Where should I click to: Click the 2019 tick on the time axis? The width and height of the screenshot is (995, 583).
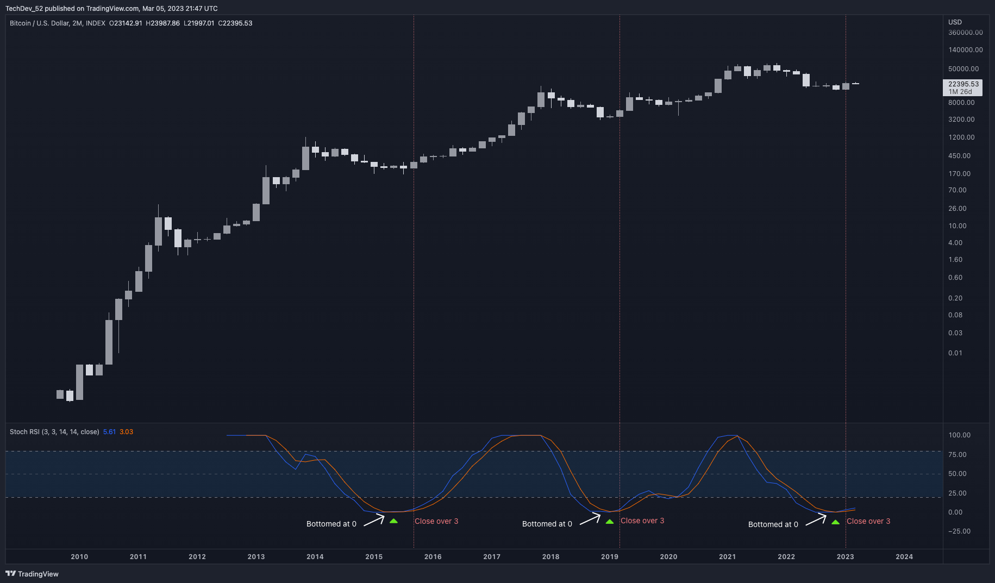609,556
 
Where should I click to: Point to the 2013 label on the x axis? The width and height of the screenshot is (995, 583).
256,556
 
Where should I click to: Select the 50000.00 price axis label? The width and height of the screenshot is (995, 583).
963,69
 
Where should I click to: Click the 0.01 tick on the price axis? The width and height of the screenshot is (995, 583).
955,353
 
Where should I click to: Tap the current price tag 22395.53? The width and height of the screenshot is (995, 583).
963,84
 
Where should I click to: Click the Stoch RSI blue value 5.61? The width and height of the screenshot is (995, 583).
109,432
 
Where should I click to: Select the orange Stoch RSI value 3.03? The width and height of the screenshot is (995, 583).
126,432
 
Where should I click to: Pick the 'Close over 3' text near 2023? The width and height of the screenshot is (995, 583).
868,521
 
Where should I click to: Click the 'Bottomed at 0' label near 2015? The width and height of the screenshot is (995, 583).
331,524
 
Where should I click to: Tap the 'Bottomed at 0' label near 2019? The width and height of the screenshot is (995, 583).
547,524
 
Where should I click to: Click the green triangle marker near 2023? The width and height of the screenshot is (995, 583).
835,522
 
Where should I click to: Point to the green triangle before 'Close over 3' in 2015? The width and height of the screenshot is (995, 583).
393,521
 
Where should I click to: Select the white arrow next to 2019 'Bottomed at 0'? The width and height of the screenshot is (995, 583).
590,519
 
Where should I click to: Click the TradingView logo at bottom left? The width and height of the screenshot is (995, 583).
32,574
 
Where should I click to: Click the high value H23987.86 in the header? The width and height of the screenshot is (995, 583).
162,23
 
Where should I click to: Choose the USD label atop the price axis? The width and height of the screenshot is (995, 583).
955,22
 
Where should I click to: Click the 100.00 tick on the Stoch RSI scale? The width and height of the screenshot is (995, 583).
959,435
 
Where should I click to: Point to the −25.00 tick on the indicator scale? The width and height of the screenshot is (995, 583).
959,531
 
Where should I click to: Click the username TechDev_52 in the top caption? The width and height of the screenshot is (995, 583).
24,9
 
